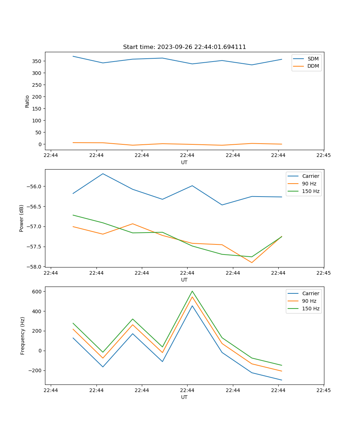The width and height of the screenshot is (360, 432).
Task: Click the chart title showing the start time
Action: tap(184, 47)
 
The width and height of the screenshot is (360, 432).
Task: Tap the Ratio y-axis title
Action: tap(27, 101)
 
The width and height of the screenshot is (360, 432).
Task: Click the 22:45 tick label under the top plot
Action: tap(324, 156)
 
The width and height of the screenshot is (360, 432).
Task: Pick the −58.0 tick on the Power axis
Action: tap(35, 267)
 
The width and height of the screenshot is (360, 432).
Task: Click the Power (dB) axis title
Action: tap(22, 218)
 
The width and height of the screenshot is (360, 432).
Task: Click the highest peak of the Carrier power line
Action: tap(103, 174)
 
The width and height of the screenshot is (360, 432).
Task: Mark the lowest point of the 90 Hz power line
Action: tap(252, 262)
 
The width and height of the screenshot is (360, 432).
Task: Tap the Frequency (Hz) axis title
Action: tap(23, 336)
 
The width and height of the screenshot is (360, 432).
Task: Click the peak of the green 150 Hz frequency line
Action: tap(192, 291)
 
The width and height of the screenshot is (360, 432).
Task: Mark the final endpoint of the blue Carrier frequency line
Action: tap(282, 380)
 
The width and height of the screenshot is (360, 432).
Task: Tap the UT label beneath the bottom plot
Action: tap(184, 397)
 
